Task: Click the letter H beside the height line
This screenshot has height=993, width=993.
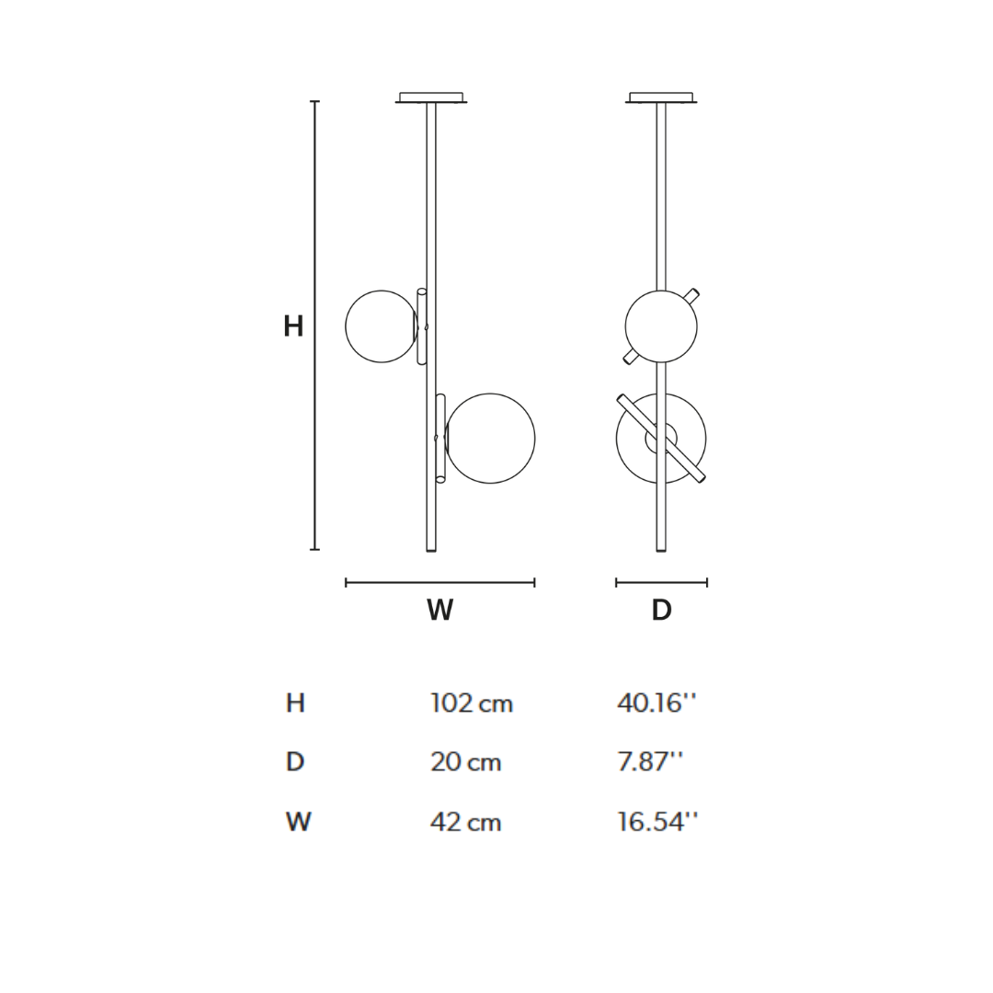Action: click(293, 326)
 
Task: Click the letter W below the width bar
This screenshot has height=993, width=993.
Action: click(439, 611)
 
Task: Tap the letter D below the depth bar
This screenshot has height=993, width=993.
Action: click(661, 611)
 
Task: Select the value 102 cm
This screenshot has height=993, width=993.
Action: click(471, 704)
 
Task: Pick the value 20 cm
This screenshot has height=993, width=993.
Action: click(465, 762)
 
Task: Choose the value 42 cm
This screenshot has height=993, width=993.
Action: click(465, 822)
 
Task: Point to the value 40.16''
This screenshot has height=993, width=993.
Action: click(656, 704)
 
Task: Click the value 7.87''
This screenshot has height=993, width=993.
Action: click(649, 762)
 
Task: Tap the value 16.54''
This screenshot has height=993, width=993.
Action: click(656, 822)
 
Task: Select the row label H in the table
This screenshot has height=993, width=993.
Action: click(295, 704)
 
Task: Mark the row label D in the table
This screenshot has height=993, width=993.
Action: click(295, 762)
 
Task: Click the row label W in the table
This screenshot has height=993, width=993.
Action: click(298, 822)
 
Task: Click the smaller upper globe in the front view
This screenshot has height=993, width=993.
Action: click(380, 326)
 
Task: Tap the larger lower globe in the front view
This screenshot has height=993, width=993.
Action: click(491, 439)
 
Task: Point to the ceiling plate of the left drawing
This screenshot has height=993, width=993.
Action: click(430, 97)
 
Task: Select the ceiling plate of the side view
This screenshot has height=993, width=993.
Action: click(660, 97)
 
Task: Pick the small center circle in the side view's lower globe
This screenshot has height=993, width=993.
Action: click(661, 439)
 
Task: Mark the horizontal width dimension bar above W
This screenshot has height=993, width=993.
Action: click(439, 582)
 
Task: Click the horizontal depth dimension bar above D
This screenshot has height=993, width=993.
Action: click(661, 582)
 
